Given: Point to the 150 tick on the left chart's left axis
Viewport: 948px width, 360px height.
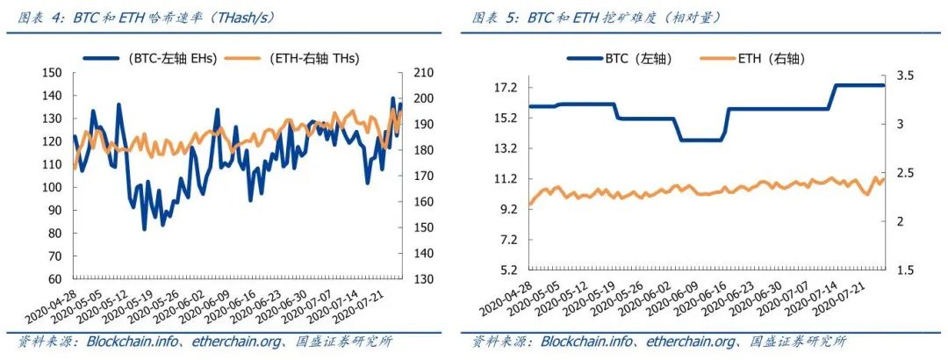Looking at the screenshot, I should [54, 73].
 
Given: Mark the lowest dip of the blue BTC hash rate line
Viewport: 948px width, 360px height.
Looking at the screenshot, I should [145, 229].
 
